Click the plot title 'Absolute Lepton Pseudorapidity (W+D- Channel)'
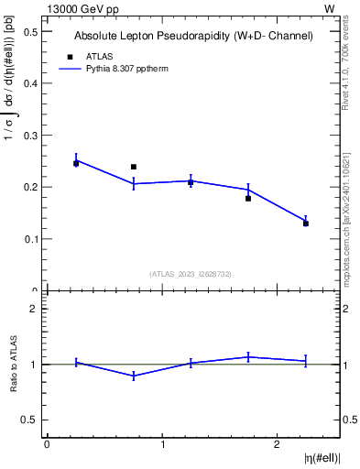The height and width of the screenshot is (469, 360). point(193,36)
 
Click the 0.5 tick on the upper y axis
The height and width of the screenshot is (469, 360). point(30,31)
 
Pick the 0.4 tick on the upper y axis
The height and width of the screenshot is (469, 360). point(30,83)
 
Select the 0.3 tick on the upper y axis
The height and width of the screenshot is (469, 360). point(30,136)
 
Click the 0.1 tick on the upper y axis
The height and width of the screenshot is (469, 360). point(30,239)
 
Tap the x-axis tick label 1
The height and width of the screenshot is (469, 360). point(162,444)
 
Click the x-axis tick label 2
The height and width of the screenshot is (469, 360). point(278,444)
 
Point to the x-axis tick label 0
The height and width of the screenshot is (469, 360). point(47,444)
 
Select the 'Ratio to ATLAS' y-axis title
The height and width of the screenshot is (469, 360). point(14,364)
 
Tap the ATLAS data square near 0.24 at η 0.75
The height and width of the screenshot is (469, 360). point(134,167)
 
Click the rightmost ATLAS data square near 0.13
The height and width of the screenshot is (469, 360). point(306,224)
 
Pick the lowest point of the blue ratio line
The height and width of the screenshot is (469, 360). point(134,376)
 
